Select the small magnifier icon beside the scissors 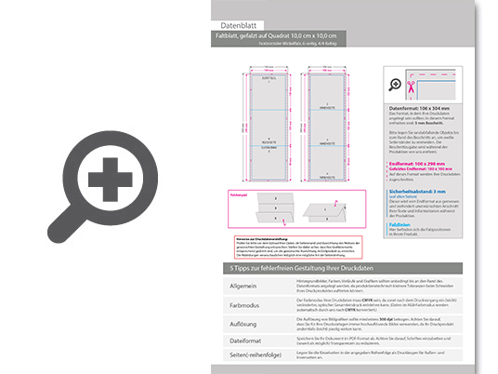(397, 84)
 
